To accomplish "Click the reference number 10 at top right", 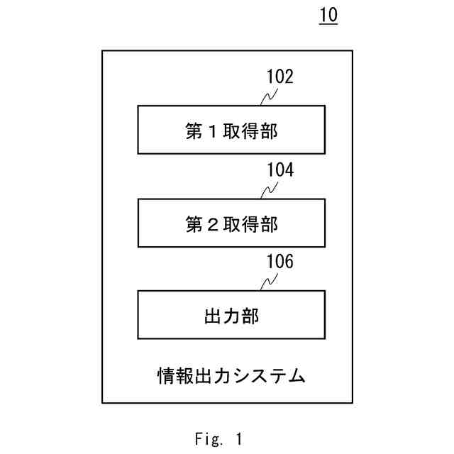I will pos(328,16).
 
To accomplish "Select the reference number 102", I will pos(279,77).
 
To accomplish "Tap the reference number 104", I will pos(279,170).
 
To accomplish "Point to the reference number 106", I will pos(279,262).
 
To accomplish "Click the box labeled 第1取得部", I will pos(231,130).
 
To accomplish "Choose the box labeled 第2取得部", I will pos(231,223).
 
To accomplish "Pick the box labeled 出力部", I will pos(231,314).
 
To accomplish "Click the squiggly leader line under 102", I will pos(268,97).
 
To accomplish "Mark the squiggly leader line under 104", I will pos(268,190).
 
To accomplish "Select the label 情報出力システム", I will pos(231,374).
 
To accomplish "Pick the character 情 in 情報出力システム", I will pos(165,375).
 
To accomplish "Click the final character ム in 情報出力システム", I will pos(298,375).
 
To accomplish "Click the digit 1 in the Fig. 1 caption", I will pos(239,439).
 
